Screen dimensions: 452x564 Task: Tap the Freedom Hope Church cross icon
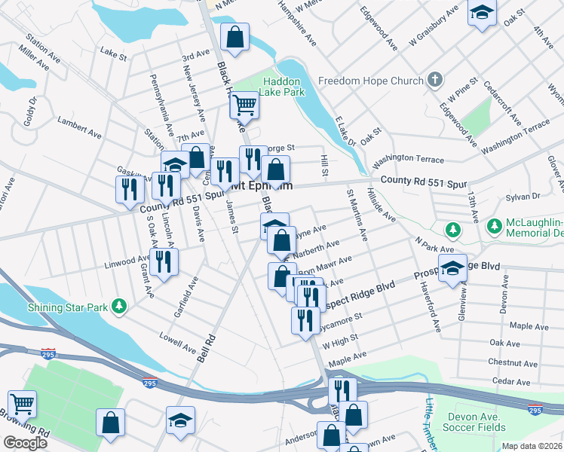coord(434,80)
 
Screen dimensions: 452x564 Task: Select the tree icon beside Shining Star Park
coord(118,306)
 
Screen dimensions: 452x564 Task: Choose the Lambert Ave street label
coord(79,126)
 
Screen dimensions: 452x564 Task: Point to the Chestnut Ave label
coord(512,362)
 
